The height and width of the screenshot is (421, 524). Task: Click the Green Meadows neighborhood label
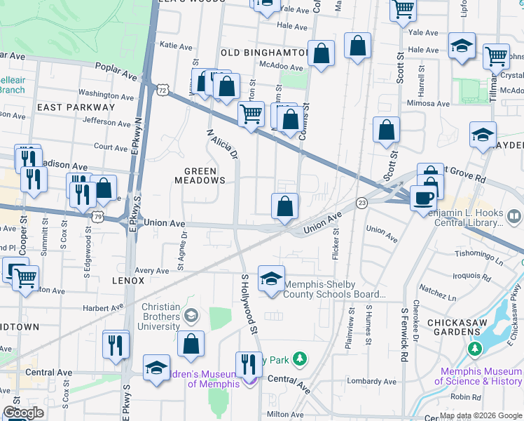tap(205, 175)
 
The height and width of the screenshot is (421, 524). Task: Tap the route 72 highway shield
tap(163, 91)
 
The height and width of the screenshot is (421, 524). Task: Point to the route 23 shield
tap(361, 203)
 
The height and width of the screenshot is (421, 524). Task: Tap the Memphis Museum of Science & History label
tap(478, 376)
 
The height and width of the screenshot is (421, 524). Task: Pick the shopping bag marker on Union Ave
tap(285, 206)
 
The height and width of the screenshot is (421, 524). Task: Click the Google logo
tap(23, 413)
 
